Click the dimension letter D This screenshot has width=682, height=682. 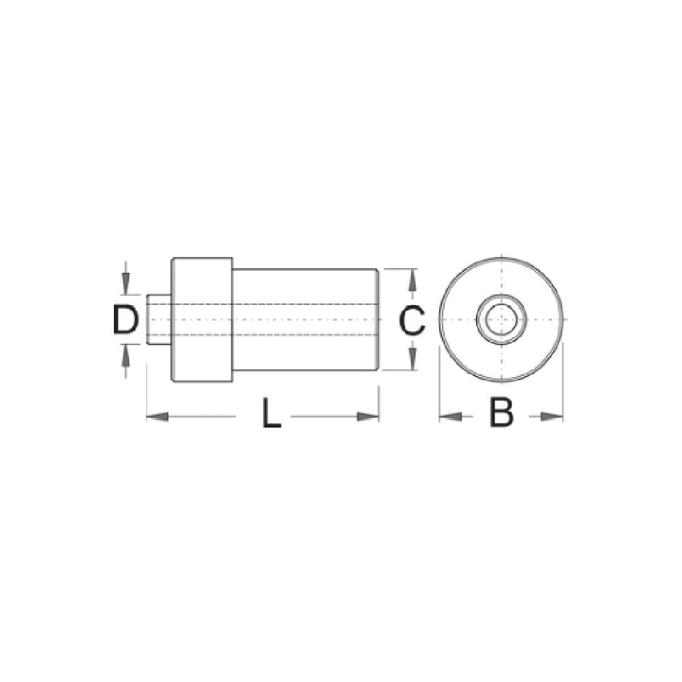(125, 320)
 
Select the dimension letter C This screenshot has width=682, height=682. (411, 320)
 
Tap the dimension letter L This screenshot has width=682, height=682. (271, 413)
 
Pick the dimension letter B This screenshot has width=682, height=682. (501, 413)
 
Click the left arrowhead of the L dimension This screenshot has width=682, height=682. (158, 417)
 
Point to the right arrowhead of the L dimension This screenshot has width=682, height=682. (368, 417)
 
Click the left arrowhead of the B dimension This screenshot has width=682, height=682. (451, 417)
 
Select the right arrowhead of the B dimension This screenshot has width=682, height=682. (552, 417)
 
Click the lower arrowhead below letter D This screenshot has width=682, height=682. (125, 355)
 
